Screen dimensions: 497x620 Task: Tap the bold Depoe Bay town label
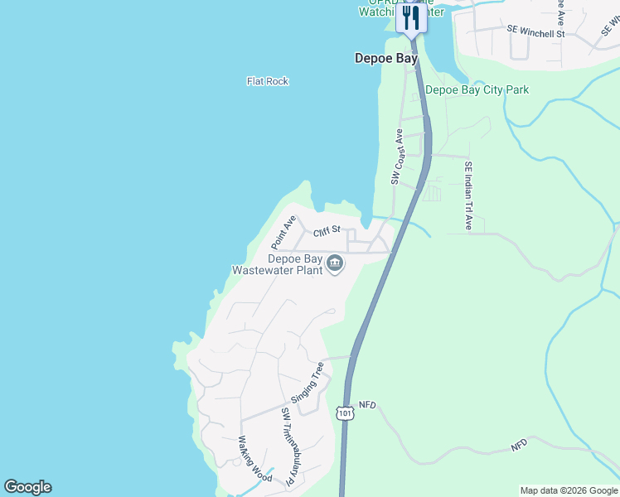[x=385, y=58]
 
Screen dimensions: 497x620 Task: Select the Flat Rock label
[x=267, y=81]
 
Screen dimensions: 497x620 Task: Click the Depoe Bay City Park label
[x=477, y=89]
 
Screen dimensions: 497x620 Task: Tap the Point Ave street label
[x=283, y=233]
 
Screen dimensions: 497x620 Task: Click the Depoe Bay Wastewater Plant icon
[x=335, y=263]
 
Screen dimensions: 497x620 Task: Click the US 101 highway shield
[x=345, y=412]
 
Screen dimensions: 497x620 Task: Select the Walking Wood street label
[x=255, y=458]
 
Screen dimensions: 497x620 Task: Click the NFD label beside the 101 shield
[x=367, y=405]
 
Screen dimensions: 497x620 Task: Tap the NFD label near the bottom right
[x=519, y=446]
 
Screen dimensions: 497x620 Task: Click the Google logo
[x=27, y=487]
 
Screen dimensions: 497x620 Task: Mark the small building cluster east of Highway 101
[x=431, y=194]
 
